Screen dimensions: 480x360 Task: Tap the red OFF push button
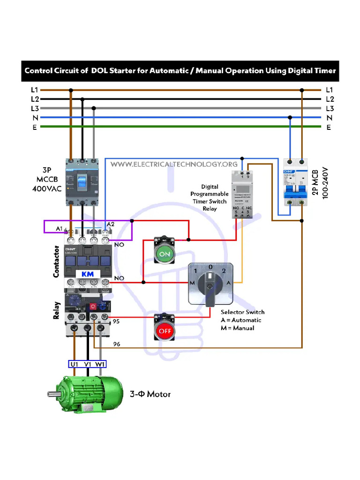click(x=165, y=330)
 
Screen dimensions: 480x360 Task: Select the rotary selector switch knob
click(x=210, y=284)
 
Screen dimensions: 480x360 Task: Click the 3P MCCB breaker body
click(x=82, y=180)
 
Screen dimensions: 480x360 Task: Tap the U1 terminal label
click(x=75, y=364)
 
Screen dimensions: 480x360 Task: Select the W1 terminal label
click(x=100, y=364)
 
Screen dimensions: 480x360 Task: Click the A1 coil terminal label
click(x=60, y=228)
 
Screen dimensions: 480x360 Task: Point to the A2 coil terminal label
click(x=111, y=225)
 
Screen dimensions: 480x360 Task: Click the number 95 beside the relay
click(x=116, y=321)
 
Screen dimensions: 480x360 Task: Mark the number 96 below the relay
click(x=116, y=344)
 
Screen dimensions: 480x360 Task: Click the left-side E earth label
click(x=35, y=127)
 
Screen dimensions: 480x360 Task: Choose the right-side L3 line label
click(x=330, y=108)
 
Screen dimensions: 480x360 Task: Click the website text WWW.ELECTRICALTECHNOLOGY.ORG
click(x=174, y=165)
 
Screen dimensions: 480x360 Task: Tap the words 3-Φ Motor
click(x=150, y=394)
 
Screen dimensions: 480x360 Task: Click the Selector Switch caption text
click(x=242, y=312)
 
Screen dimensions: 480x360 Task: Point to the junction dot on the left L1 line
click(x=71, y=90)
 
